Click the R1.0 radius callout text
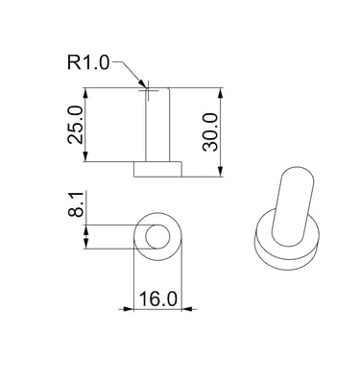[x=88, y=62]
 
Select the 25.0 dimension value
[x=75, y=125]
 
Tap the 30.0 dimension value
[x=210, y=131]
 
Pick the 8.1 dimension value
[x=76, y=204]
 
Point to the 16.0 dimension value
[x=158, y=299]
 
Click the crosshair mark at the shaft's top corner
[x=148, y=90]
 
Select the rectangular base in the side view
[x=157, y=169]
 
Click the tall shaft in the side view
[x=157, y=125]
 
